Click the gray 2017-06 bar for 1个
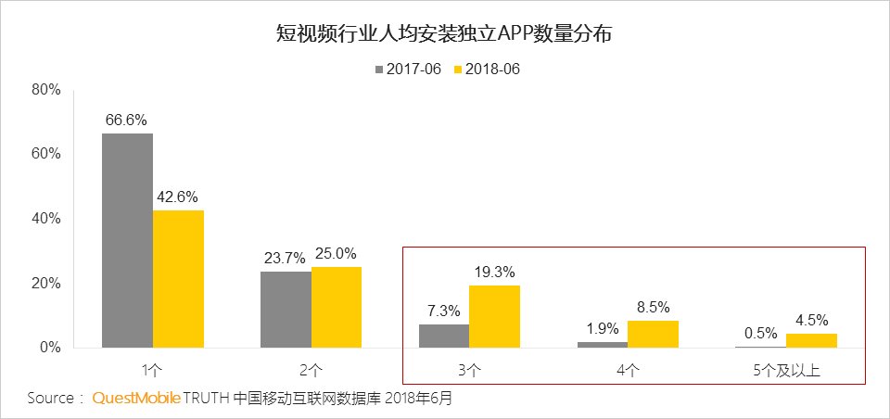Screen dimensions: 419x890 (127, 240)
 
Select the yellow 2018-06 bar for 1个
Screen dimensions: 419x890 (178, 278)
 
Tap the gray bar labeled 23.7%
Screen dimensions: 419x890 (286, 309)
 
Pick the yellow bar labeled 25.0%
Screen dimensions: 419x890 (337, 307)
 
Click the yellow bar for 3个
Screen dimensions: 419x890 (494, 316)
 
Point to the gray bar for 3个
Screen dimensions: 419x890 (444, 336)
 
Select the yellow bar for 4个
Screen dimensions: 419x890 (653, 334)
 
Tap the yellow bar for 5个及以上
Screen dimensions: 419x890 (811, 340)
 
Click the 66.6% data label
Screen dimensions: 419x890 (127, 120)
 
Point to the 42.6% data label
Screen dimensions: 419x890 (178, 197)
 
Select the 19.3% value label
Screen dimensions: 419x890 (494, 272)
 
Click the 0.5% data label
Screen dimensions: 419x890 (760, 333)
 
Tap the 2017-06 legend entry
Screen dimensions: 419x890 (408, 70)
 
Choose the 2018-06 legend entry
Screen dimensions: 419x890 (491, 70)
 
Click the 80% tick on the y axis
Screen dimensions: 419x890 (45, 90)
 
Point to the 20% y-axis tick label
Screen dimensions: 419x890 (45, 283)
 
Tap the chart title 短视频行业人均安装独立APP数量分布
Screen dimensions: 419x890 (445, 35)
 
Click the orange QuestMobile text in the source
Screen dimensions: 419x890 (135, 399)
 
